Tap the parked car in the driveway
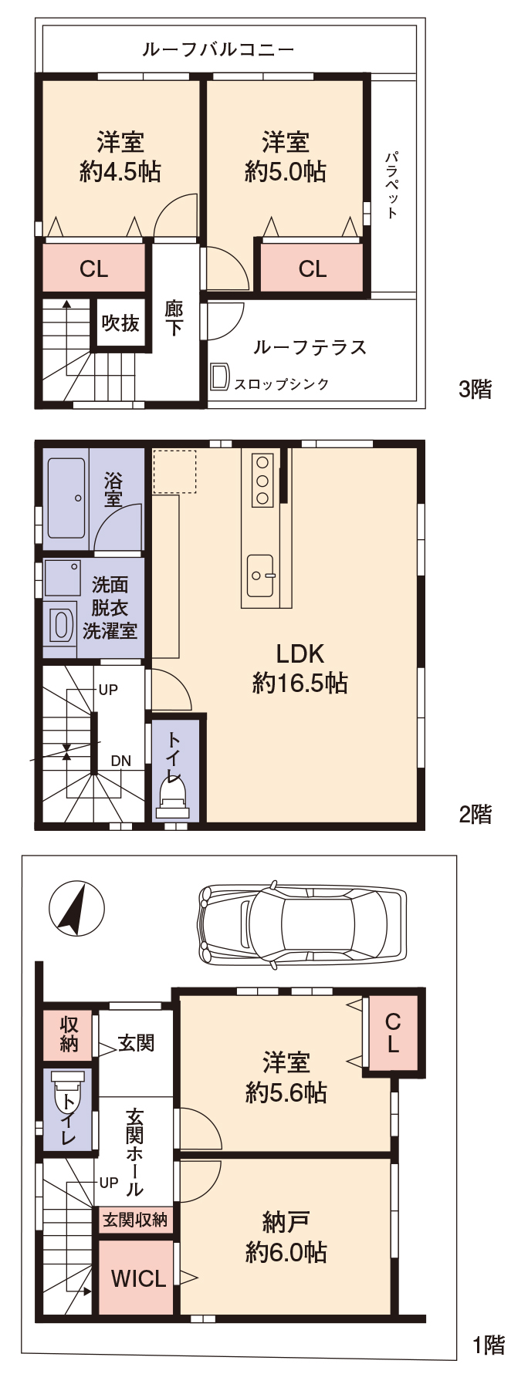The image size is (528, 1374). pos(302,923)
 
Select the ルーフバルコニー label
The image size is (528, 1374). pos(218,50)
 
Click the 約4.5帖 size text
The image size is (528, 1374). pos(120,171)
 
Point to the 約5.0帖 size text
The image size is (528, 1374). pos(286,171)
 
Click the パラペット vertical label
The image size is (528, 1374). pos(393,184)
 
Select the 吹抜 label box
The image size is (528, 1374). pos(121,322)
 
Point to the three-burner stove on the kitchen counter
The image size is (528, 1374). pos(262,479)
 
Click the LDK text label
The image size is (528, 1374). pos(300,654)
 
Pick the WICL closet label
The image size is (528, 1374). pos(139,1278)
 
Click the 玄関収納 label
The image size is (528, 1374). pos(135,1220)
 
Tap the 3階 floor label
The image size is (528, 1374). pos(475,389)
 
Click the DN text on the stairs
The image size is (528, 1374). pos(120,761)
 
